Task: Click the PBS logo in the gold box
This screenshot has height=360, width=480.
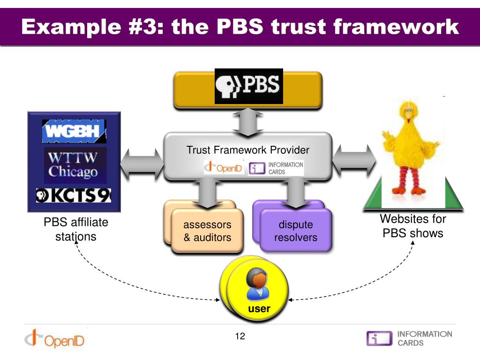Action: click(x=248, y=86)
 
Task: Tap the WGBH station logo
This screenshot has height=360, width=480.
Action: click(x=74, y=131)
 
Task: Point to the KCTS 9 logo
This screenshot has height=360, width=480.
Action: click(x=74, y=195)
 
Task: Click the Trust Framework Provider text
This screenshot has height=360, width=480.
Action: click(x=248, y=150)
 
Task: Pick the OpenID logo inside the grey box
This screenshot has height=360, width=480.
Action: click(x=224, y=168)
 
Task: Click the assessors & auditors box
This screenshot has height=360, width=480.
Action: click(x=207, y=231)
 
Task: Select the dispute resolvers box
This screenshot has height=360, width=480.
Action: click(x=296, y=231)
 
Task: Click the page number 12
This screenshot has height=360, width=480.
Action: click(x=240, y=336)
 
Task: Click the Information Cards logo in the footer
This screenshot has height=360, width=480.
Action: click(x=409, y=338)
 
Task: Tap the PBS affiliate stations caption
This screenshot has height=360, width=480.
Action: click(x=76, y=229)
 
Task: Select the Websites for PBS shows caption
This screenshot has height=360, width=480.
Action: click(x=412, y=225)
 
